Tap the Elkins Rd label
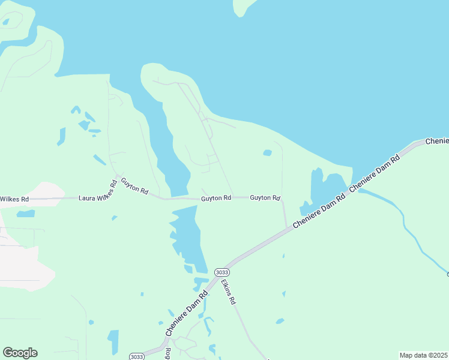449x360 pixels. [228, 291]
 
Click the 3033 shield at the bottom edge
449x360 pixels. [136, 356]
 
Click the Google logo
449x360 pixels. [20, 353]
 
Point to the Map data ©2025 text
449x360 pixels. [423, 355]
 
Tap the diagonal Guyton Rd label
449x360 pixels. [134, 185]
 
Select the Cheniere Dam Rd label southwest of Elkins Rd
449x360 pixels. [187, 313]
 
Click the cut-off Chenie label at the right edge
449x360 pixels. [437, 141]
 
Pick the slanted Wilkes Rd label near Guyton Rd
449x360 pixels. [110, 190]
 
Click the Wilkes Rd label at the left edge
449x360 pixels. [14, 199]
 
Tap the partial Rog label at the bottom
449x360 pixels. [168, 354]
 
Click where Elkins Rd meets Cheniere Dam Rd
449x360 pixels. [230, 265]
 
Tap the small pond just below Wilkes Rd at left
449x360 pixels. [25, 213]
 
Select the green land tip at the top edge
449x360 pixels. [243, 6]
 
